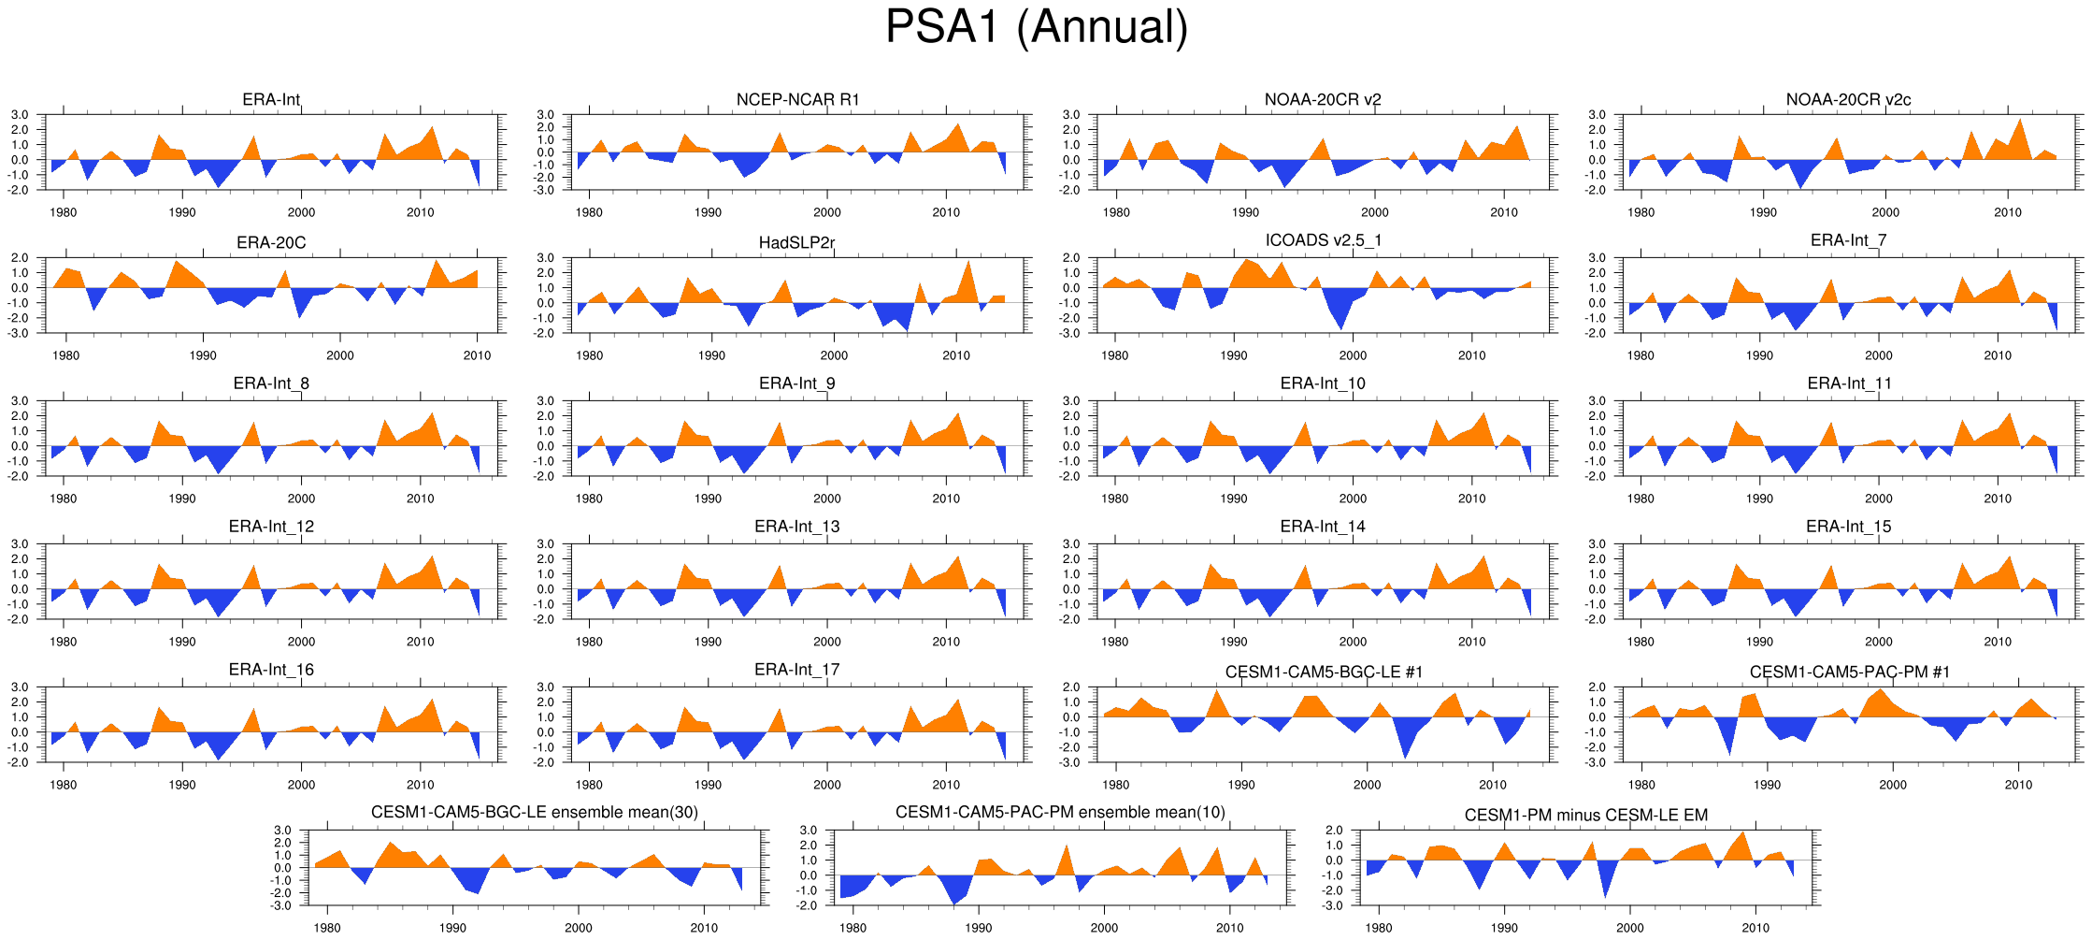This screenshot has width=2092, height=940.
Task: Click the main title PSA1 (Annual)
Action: [1036, 26]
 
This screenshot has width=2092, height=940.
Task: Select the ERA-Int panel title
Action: [271, 99]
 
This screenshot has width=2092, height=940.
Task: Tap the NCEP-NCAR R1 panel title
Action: [797, 99]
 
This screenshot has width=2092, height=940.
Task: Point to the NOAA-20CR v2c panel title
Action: [1848, 99]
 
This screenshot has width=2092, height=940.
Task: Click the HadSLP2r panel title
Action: [797, 242]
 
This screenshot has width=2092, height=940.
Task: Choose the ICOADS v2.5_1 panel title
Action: [1323, 240]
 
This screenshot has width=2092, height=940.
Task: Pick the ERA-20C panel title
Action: [271, 242]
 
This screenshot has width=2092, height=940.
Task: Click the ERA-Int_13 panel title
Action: [797, 527]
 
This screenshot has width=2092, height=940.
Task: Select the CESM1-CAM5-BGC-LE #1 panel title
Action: [1324, 672]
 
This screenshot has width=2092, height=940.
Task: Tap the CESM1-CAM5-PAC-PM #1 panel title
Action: [1849, 672]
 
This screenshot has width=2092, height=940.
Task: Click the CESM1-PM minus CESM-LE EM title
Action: [1585, 815]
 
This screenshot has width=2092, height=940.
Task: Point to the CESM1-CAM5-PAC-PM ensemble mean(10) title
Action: [1060, 812]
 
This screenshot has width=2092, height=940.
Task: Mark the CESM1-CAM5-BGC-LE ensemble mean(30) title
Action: [535, 812]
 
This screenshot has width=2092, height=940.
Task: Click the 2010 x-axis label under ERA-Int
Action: [420, 212]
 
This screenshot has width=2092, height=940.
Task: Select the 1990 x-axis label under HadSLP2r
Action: [711, 355]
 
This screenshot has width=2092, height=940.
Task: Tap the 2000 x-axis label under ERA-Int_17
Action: [826, 785]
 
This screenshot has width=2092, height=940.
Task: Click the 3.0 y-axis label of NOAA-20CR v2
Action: [1072, 115]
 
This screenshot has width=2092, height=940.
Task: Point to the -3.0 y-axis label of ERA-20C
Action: [21, 333]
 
